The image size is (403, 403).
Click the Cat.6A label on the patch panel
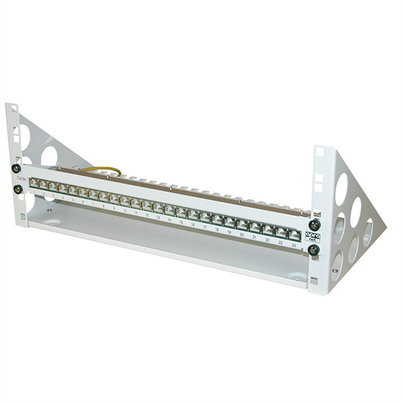tap(22, 179)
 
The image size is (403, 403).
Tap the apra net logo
tap(312, 236)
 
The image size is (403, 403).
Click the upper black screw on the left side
tap(15, 169)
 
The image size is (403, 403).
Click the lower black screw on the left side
tap(17, 189)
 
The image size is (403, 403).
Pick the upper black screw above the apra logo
tap(313, 225)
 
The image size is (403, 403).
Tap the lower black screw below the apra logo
tap(313, 250)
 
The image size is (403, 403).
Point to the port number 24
tap(294, 247)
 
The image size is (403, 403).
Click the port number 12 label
tap(146, 216)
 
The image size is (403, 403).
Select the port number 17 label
tap(204, 227)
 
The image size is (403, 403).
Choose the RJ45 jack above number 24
tap(294, 235)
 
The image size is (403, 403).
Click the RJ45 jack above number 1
tap(32, 183)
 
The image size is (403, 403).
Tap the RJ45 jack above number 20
tap(242, 224)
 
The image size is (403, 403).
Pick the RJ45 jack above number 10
tap(125, 201)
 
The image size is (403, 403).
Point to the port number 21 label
tap(255, 238)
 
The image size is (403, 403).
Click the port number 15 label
tap(181, 222)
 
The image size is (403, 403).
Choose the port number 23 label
tap(281, 243)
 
